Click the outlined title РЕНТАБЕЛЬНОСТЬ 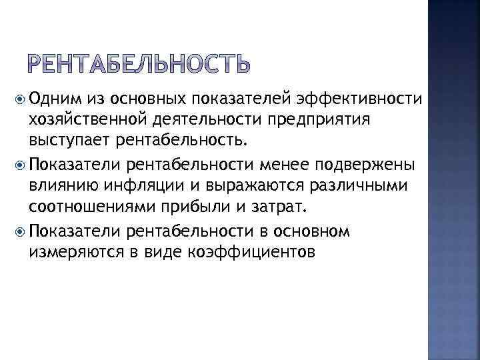(x=139, y=65)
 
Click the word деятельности (x=183, y=119)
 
